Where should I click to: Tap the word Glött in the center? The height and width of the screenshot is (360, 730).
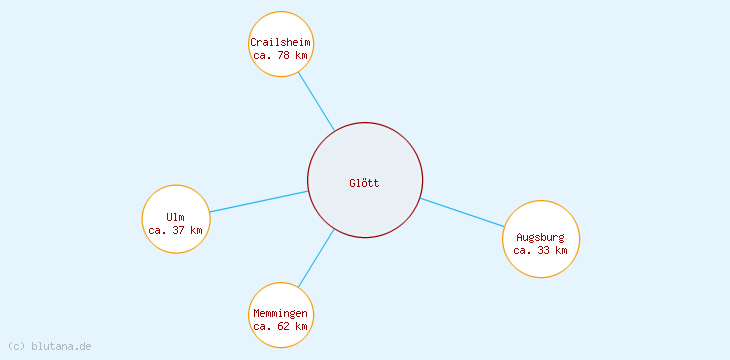click(365, 183)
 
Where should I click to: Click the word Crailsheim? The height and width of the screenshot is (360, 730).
click(281, 42)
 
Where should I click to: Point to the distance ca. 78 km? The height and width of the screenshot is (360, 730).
click(281, 55)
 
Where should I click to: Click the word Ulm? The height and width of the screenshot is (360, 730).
click(176, 217)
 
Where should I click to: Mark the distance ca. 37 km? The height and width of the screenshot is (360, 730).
click(176, 230)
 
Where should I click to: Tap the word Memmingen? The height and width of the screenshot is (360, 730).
click(281, 314)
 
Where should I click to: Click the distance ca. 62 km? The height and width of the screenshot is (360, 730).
click(281, 326)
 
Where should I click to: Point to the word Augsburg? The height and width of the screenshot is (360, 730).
click(541, 237)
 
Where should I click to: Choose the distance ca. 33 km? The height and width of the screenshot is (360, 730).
click(541, 250)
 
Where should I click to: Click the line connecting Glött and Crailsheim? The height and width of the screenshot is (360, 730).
click(316, 100)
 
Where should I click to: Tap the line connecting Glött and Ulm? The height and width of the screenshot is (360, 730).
click(258, 201)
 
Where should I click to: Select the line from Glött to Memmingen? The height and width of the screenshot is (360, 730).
click(316, 258)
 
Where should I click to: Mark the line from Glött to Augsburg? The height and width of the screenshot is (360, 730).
click(462, 213)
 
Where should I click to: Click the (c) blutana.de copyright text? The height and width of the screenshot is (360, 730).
click(50, 346)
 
